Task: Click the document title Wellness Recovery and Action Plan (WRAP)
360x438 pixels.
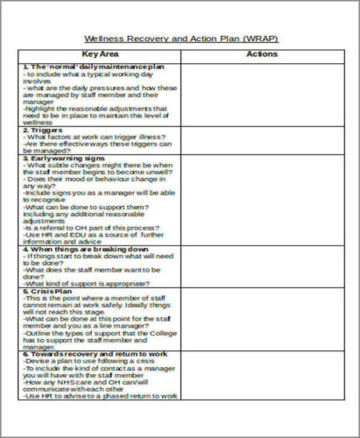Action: pyautogui.click(x=181, y=39)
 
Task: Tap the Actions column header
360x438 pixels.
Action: pyautogui.click(x=262, y=54)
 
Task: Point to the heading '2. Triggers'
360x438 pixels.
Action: pyautogui.click(x=43, y=130)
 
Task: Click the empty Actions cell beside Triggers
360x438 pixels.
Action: pyautogui.click(x=262, y=140)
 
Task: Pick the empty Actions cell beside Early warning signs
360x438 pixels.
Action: pyautogui.click(x=262, y=200)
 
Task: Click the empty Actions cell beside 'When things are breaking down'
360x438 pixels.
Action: pyautogui.click(x=262, y=266)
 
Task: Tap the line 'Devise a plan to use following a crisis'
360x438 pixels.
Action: pyautogui.click(x=84, y=363)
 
